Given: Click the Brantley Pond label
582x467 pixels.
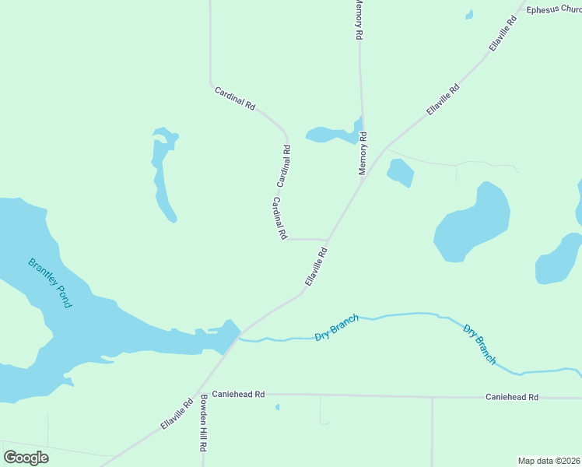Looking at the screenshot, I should [x=50, y=283].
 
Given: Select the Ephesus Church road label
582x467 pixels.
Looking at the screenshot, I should [x=553, y=10].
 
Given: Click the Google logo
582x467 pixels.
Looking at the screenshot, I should [x=26, y=457].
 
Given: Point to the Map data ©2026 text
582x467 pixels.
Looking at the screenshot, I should [x=549, y=461].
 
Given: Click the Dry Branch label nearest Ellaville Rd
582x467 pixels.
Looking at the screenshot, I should [x=337, y=328].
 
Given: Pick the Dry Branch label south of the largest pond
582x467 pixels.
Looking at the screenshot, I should [x=479, y=343].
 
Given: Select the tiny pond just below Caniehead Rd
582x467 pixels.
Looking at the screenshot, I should [x=278, y=406].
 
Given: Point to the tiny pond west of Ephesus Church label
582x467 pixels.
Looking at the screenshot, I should [x=468, y=14].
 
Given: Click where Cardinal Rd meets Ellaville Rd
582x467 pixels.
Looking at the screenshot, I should [x=327, y=241].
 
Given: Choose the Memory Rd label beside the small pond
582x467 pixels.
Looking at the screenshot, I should [x=363, y=153].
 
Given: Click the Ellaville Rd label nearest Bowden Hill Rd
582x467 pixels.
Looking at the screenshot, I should [x=177, y=415].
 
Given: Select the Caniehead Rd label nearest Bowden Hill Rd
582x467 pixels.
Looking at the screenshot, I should [x=239, y=395].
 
